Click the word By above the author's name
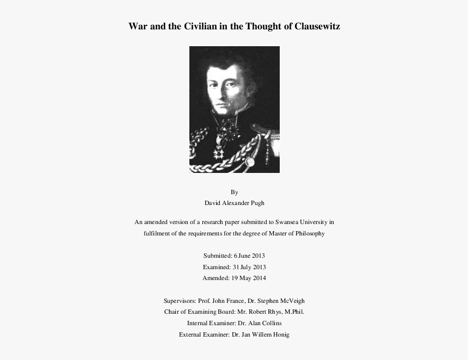[234, 192]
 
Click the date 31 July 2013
[250, 267]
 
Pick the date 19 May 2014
[248, 278]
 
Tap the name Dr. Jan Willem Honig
[261, 334]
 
